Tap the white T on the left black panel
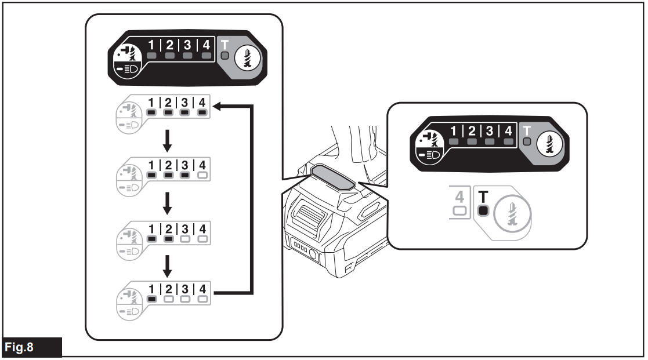point(225,44)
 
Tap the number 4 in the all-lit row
point(202,103)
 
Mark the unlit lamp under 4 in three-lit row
point(202,174)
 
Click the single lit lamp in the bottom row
point(151,300)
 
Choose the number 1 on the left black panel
point(153,43)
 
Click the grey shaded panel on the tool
point(332,177)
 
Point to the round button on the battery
point(314,254)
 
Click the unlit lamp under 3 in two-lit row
point(185,237)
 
